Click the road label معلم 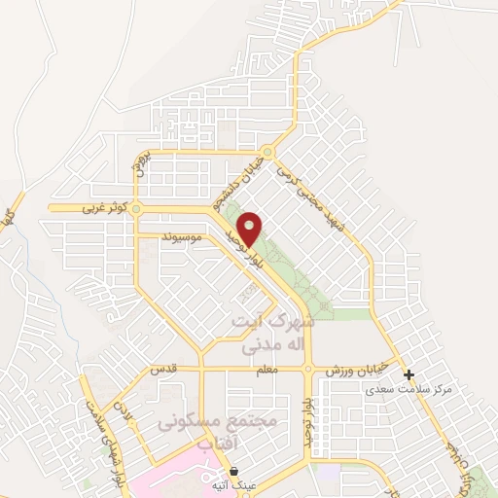pyautogui.click(x=269, y=370)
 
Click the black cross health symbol pyautogui.click(x=409, y=374)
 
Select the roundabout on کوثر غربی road pyautogui.click(x=137, y=208)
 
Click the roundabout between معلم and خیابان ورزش pyautogui.click(x=308, y=369)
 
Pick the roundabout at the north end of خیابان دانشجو pyautogui.click(x=268, y=152)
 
